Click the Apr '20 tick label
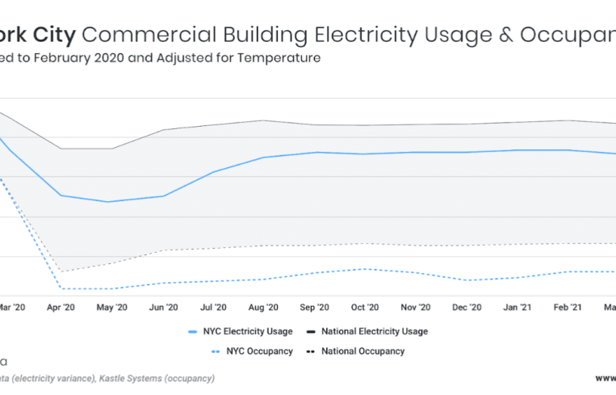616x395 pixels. [61, 308]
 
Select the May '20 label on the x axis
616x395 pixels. [111, 308]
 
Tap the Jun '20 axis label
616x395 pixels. [163, 308]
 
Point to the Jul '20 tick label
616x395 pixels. [212, 308]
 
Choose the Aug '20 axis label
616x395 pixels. [263, 308]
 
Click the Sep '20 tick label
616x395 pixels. [314, 308]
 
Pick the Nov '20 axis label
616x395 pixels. [415, 308]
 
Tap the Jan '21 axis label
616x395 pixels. [517, 308]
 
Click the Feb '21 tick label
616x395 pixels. [567, 308]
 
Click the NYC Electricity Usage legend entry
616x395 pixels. [243, 331]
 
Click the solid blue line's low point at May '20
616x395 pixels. [107, 202]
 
